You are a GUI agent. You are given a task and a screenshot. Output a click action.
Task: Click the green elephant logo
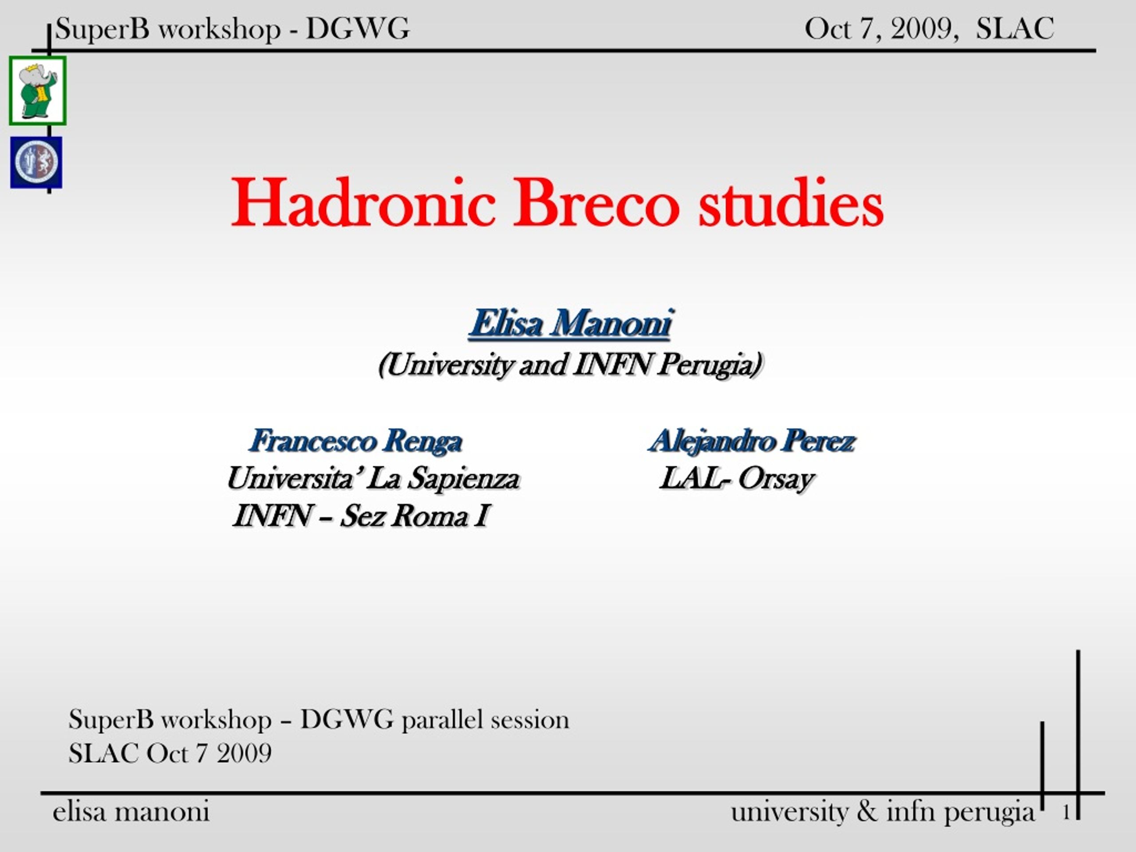[37, 91]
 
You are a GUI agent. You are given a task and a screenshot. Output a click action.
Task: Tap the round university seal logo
[36, 162]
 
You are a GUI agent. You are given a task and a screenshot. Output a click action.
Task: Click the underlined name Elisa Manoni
[571, 324]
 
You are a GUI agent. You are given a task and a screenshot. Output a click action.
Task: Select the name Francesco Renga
[355, 441]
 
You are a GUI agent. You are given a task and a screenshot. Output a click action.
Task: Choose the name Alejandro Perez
[752, 441]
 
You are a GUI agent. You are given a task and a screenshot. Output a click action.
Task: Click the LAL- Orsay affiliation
[737, 479]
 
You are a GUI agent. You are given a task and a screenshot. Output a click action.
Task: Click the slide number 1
[1066, 813]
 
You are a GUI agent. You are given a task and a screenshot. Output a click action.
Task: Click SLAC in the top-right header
[1015, 29]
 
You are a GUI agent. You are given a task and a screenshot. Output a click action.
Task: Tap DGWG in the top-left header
[358, 29]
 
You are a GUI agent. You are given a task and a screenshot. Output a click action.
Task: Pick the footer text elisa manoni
[131, 812]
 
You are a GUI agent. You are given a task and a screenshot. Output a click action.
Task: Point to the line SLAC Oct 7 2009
[170, 753]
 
